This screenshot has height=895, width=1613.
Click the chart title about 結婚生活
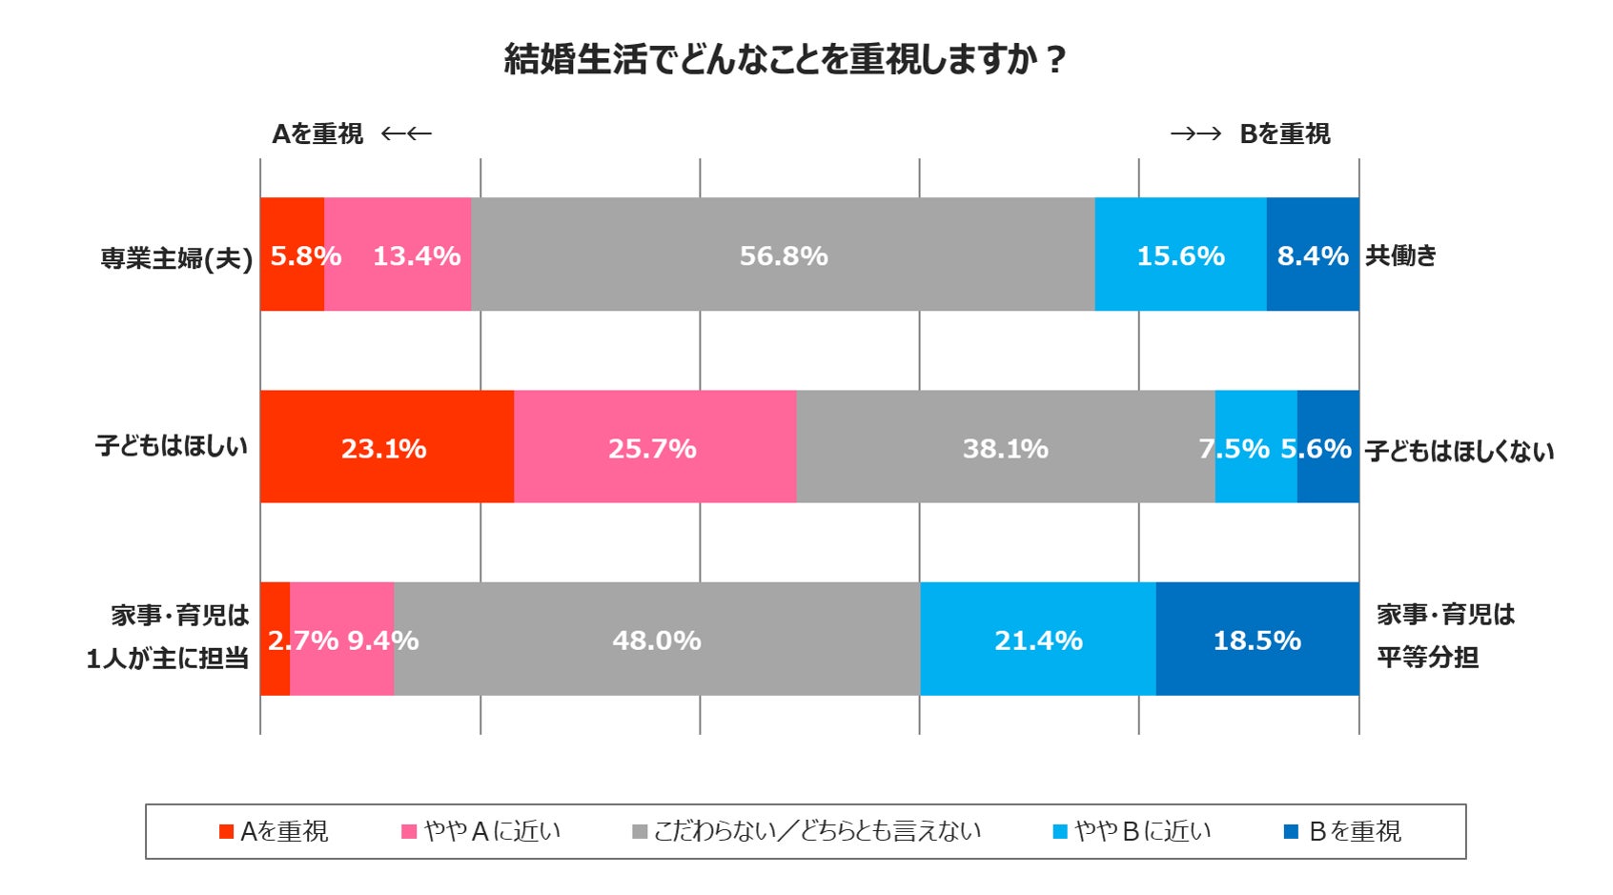pyautogui.click(x=784, y=59)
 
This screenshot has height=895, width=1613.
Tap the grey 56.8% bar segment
pyautogui.click(x=783, y=254)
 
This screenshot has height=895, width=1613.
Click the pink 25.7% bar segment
pyautogui.click(x=654, y=446)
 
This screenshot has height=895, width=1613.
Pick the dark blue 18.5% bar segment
pyautogui.click(x=1256, y=639)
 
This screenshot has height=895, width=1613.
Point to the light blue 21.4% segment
pyautogui.click(x=1037, y=639)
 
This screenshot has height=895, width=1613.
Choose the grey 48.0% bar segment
pyautogui.click(x=656, y=639)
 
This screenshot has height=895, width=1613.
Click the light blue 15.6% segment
pyautogui.click(x=1180, y=254)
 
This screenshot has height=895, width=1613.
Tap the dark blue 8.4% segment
pyautogui.click(x=1313, y=254)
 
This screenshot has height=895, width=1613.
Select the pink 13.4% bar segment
pyautogui.click(x=416, y=254)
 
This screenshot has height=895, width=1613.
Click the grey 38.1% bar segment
pyautogui.click(x=1005, y=446)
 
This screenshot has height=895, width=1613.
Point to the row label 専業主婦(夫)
pyautogui.click(x=176, y=257)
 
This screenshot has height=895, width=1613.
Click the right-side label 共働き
pyautogui.click(x=1400, y=254)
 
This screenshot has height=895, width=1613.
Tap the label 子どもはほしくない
pyautogui.click(x=1459, y=451)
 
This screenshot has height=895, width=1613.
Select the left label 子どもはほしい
pyautogui.click(x=172, y=445)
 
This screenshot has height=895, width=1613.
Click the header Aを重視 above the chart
pyautogui.click(x=317, y=134)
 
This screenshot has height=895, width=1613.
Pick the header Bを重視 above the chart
pyautogui.click(x=1284, y=134)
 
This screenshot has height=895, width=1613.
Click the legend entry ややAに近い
pyautogui.click(x=481, y=831)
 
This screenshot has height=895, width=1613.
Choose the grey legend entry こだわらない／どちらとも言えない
pyautogui.click(x=806, y=831)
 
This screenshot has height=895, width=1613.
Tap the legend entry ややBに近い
pyautogui.click(x=1133, y=831)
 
